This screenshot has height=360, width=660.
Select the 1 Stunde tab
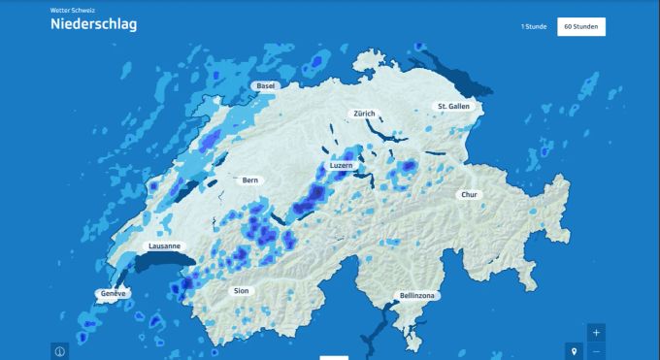click(534, 26)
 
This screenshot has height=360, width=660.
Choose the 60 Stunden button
click(581, 26)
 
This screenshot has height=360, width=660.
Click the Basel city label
click(265, 86)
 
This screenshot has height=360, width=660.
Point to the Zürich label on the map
click(364, 114)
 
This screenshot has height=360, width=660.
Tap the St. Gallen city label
click(453, 106)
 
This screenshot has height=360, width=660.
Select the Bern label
click(250, 180)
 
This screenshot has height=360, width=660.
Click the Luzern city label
click(342, 166)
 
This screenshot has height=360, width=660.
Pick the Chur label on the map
click(470, 194)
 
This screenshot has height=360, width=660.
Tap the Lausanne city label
click(164, 246)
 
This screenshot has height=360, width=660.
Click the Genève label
click(114, 293)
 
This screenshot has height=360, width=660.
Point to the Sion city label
click(242, 290)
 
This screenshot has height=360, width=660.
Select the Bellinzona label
click(418, 295)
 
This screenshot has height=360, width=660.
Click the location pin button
click(574, 350)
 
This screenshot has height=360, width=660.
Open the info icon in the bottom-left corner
click(59, 351)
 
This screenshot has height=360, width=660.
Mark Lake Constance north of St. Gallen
click(456, 73)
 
